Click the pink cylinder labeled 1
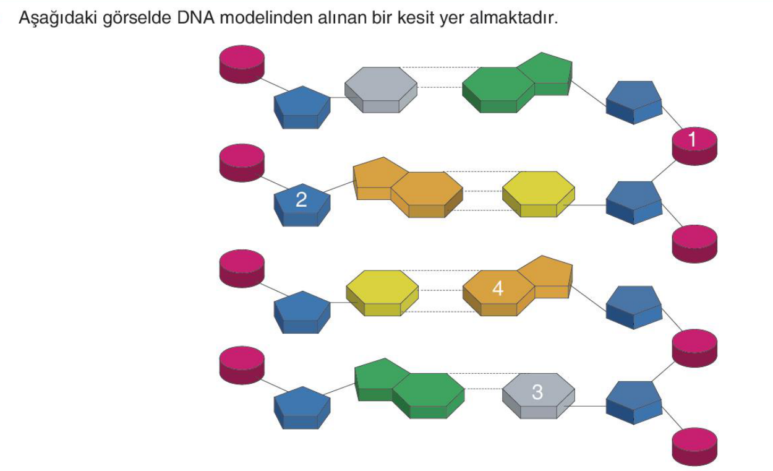pos(694,146)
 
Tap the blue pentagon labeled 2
pos(302,205)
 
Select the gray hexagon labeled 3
pos(539,395)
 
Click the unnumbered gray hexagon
pos(381,90)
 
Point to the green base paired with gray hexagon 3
pos(410,389)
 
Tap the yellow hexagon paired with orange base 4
pos(382,293)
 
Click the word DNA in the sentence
pos(195,17)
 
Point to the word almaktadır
pos(513,17)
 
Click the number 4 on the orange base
pos(498,288)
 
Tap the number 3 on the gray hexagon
pos(537,392)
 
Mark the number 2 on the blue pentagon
pos(301,199)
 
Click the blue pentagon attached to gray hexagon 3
pos(634,403)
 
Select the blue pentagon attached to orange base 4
pos(634,308)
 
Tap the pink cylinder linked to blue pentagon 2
pos(242,163)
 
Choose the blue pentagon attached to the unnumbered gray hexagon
pos(302,108)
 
